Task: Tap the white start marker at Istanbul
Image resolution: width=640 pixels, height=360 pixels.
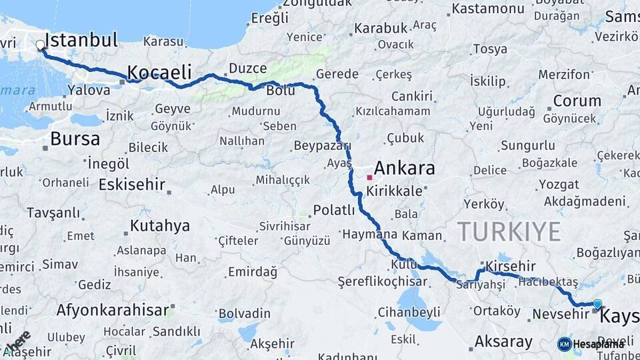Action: coord(41,45)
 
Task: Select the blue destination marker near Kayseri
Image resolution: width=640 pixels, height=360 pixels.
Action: coord(597,304)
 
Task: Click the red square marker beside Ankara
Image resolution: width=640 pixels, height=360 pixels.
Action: coord(369,177)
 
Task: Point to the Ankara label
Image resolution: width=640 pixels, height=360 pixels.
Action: coord(404,168)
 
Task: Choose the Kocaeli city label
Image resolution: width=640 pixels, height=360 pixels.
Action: coord(159,72)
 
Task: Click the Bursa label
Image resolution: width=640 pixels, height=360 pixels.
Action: coord(75,139)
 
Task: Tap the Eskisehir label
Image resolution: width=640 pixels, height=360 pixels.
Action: coord(131,185)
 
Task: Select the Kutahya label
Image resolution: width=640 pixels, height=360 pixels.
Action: coord(159,226)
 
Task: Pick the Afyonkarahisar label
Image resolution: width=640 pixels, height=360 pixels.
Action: coord(112,310)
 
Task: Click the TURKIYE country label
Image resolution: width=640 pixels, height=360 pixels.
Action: coord(509,232)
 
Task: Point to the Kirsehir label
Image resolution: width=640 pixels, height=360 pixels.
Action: coord(511,266)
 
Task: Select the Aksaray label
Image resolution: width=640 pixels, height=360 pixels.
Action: coord(503,343)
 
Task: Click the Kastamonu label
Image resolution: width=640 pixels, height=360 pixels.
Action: coord(488,9)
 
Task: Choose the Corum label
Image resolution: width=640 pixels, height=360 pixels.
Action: coord(577,101)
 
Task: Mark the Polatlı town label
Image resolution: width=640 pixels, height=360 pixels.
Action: coord(334,211)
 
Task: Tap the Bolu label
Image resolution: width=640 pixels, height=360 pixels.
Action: coord(280,91)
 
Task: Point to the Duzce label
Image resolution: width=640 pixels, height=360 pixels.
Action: coord(247,68)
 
